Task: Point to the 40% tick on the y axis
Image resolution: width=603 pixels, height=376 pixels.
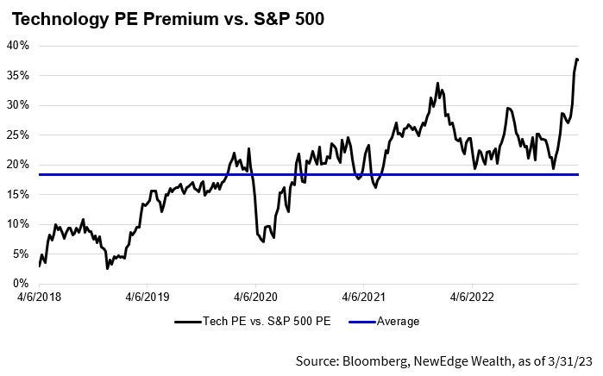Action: [18, 45]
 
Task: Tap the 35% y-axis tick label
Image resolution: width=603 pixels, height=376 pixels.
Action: [18, 75]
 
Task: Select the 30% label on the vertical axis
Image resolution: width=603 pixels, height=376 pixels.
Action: [18, 104]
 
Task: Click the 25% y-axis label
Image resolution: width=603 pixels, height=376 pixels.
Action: [18, 135]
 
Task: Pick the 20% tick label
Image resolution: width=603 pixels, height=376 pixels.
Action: [18, 164]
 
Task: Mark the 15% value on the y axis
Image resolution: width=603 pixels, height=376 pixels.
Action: [18, 194]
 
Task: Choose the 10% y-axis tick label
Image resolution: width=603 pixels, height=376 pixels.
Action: [18, 224]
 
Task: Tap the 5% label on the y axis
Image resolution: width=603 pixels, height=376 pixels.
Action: [21, 254]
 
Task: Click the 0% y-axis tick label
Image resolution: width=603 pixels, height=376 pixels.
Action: [21, 284]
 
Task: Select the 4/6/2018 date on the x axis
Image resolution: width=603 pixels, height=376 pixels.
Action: [40, 298]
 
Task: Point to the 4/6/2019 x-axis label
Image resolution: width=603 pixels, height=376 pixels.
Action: [148, 298]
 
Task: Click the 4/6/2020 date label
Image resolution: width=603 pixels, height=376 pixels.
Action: [255, 298]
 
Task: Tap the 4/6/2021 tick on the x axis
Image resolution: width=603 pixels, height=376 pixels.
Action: [363, 298]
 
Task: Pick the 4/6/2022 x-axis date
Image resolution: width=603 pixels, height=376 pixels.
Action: [471, 298]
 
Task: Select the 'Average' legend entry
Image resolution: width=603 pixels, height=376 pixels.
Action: [398, 322]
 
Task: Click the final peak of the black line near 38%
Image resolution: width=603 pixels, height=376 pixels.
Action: [576, 59]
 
